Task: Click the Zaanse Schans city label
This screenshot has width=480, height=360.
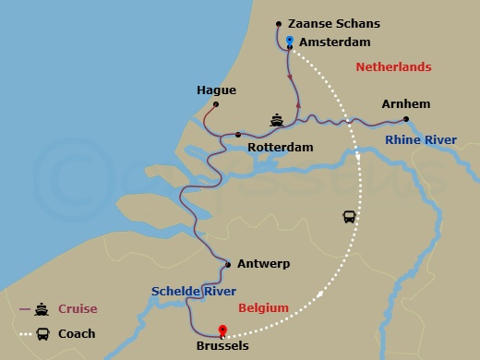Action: coord(335,23)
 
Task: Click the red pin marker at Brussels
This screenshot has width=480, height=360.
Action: coord(222,330)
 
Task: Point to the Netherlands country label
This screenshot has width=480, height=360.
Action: coord(393,67)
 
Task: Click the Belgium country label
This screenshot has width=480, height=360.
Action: coord(263,307)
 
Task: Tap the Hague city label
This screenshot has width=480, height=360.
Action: coord(217,90)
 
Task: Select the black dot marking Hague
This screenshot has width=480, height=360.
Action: coord(216,104)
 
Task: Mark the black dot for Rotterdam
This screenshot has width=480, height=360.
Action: coord(238,135)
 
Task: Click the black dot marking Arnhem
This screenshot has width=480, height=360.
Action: coord(406,118)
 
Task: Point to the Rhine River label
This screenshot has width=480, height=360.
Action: coord(421,140)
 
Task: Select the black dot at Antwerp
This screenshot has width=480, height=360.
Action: coord(228,265)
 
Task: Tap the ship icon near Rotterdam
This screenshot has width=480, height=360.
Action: coord(276,119)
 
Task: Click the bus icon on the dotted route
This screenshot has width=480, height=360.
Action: coord(350,217)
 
